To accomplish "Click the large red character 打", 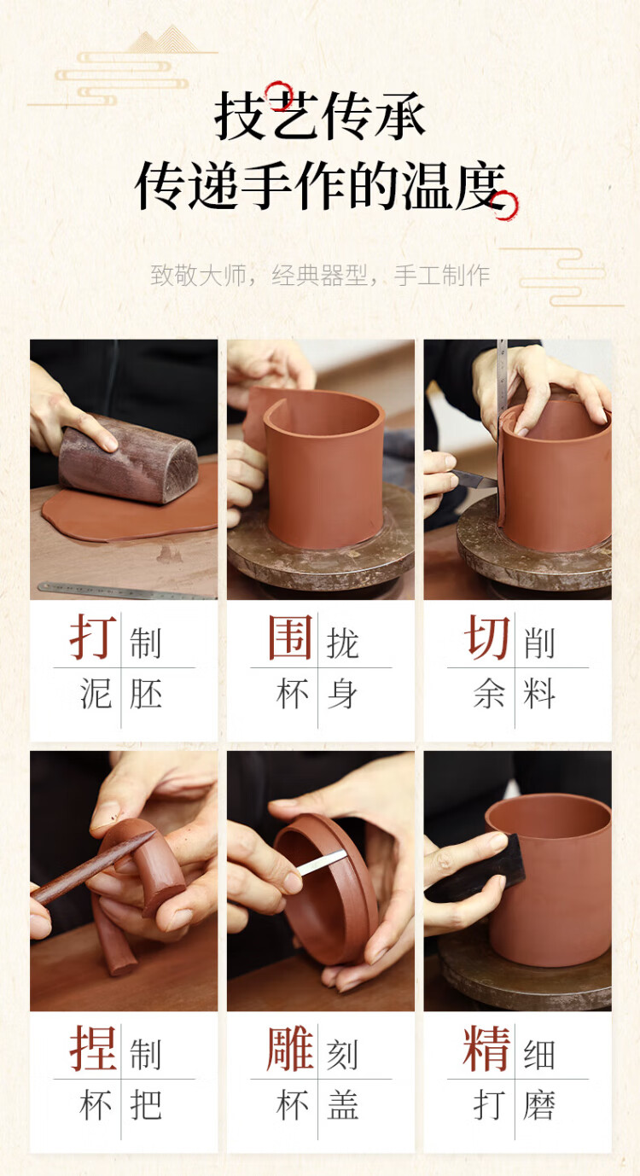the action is (x=93, y=637).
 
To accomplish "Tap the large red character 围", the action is (x=290, y=637).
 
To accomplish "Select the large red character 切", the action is (x=486, y=637).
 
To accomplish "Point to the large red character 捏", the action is (x=93, y=1049).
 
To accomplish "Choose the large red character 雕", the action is (x=290, y=1049).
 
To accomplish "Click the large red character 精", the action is (x=486, y=1049).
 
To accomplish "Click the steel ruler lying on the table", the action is (x=126, y=591).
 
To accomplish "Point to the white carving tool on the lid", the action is (x=322, y=863).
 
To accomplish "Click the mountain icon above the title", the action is (x=163, y=39).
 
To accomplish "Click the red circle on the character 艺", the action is (x=279, y=95).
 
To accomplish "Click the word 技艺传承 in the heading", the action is (x=320, y=116).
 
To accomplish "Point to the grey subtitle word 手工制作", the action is (x=442, y=275).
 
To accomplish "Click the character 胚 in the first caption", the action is (x=146, y=693).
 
